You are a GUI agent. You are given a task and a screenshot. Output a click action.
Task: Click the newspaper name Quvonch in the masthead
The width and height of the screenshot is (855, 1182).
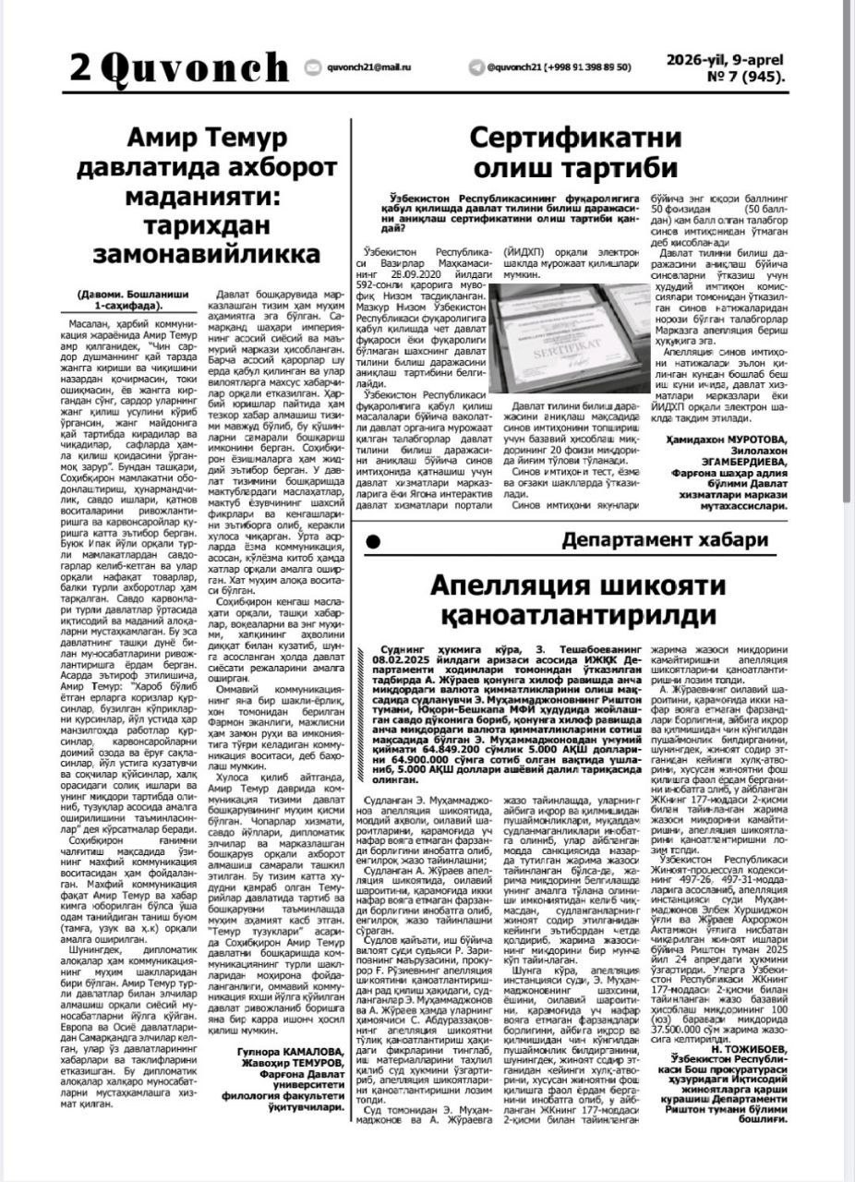(195, 67)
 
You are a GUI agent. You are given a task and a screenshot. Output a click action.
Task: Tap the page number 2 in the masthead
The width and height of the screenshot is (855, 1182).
(80, 67)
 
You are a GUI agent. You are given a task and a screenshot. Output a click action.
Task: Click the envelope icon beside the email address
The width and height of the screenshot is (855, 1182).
(312, 67)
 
